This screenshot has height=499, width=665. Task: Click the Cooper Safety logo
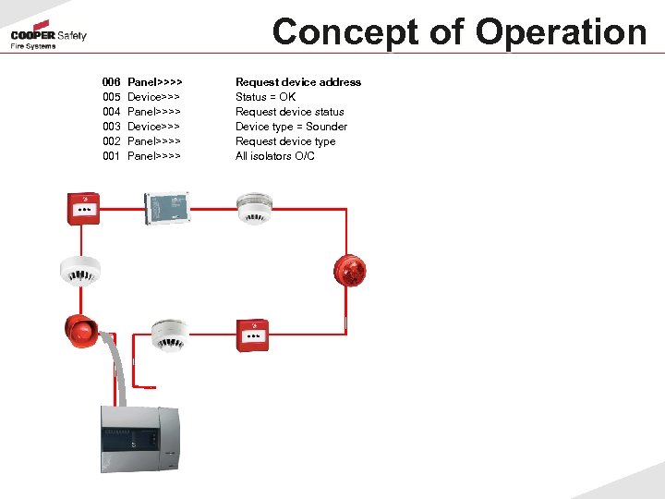[48, 36]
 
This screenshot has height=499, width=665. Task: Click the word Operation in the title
[562, 31]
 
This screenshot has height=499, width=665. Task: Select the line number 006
[111, 82]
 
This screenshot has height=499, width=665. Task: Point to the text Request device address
[298, 82]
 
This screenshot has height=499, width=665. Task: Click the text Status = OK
[266, 97]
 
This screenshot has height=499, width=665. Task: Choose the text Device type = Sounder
[291, 127]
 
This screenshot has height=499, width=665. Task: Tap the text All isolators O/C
[275, 156]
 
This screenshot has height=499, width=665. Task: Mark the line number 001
[111, 156]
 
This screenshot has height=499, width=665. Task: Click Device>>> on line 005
[153, 97]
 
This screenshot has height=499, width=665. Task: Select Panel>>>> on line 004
[154, 112]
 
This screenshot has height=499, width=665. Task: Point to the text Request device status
[290, 112]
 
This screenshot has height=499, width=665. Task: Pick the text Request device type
[285, 141]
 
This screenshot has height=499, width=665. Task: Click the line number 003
[111, 127]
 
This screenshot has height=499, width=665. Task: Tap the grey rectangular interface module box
[166, 208]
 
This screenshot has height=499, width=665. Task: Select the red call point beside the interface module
[82, 208]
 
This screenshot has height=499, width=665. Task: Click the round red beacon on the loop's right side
[350, 269]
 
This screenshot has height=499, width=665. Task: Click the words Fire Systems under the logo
[33, 46]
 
